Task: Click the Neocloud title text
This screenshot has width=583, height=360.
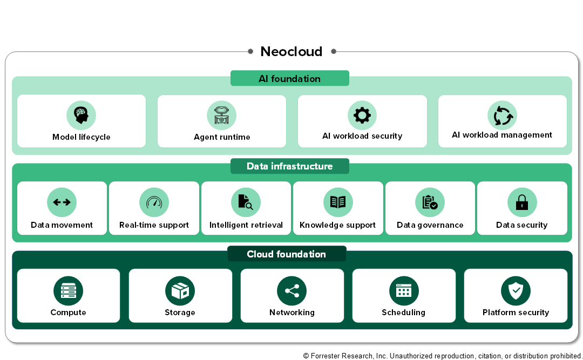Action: pyautogui.click(x=291, y=51)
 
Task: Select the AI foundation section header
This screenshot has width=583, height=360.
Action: pyautogui.click(x=290, y=78)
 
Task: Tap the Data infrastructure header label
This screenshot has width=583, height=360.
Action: pyautogui.click(x=290, y=166)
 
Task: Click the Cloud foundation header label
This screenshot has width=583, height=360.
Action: pyautogui.click(x=286, y=254)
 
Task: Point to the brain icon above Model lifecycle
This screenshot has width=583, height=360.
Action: pyautogui.click(x=81, y=116)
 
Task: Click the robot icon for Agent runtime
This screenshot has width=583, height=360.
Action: pyautogui.click(x=222, y=116)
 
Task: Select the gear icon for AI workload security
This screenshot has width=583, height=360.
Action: pyautogui.click(x=362, y=116)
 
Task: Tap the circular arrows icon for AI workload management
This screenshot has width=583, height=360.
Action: pyautogui.click(x=503, y=116)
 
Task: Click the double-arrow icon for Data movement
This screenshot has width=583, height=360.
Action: pyautogui.click(x=62, y=202)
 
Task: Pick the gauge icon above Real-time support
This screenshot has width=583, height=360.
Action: pyautogui.click(x=154, y=202)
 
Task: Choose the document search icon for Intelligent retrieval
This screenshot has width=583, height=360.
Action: pyautogui.click(x=246, y=202)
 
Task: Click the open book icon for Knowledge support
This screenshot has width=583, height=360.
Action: pyautogui.click(x=338, y=202)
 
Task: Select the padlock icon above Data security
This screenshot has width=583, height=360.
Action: pyautogui.click(x=522, y=202)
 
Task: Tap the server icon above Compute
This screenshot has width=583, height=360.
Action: pyautogui.click(x=69, y=291)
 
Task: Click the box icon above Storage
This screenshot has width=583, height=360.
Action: pyautogui.click(x=180, y=291)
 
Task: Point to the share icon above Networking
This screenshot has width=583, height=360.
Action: pyautogui.click(x=292, y=291)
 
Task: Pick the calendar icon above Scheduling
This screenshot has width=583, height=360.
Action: pyautogui.click(x=404, y=291)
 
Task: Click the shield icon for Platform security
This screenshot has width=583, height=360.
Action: pyautogui.click(x=516, y=291)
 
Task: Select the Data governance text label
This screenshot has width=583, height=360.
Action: pyautogui.click(x=430, y=225)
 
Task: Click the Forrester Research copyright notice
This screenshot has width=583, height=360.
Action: pyautogui.click(x=443, y=356)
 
